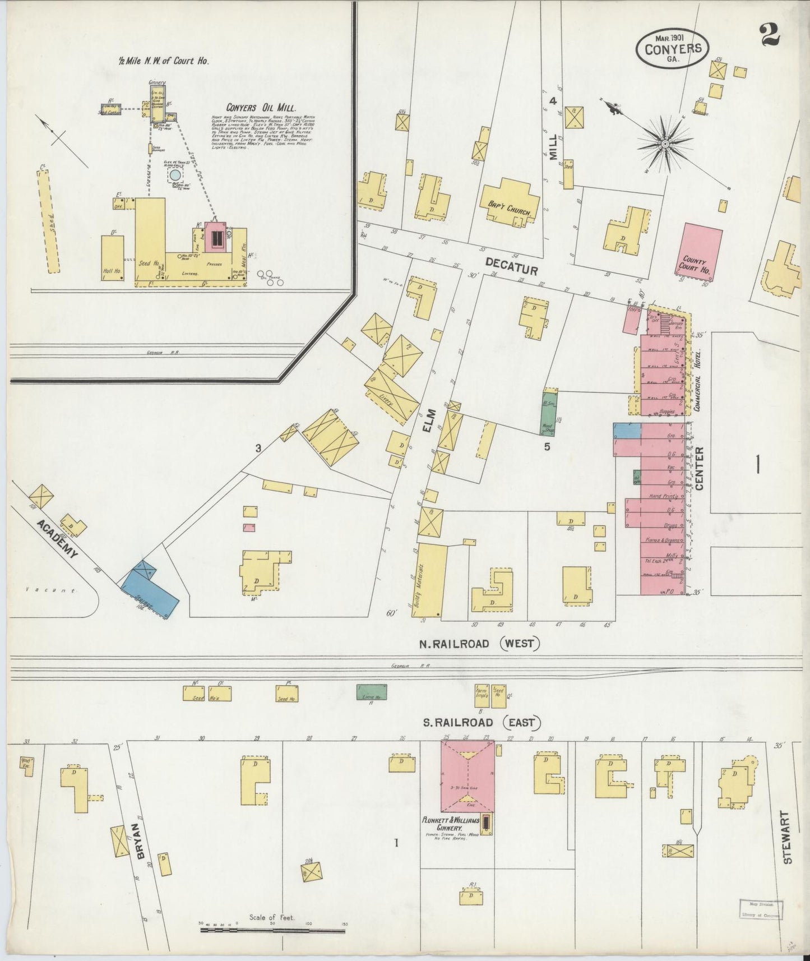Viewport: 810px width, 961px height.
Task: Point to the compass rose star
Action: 665,144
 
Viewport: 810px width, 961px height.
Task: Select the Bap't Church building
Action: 509,203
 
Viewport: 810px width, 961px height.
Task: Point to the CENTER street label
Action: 699,468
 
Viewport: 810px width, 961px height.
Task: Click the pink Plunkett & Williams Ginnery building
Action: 468,777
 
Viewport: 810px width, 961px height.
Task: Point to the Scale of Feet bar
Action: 274,931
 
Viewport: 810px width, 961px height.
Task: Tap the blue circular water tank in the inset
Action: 175,175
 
